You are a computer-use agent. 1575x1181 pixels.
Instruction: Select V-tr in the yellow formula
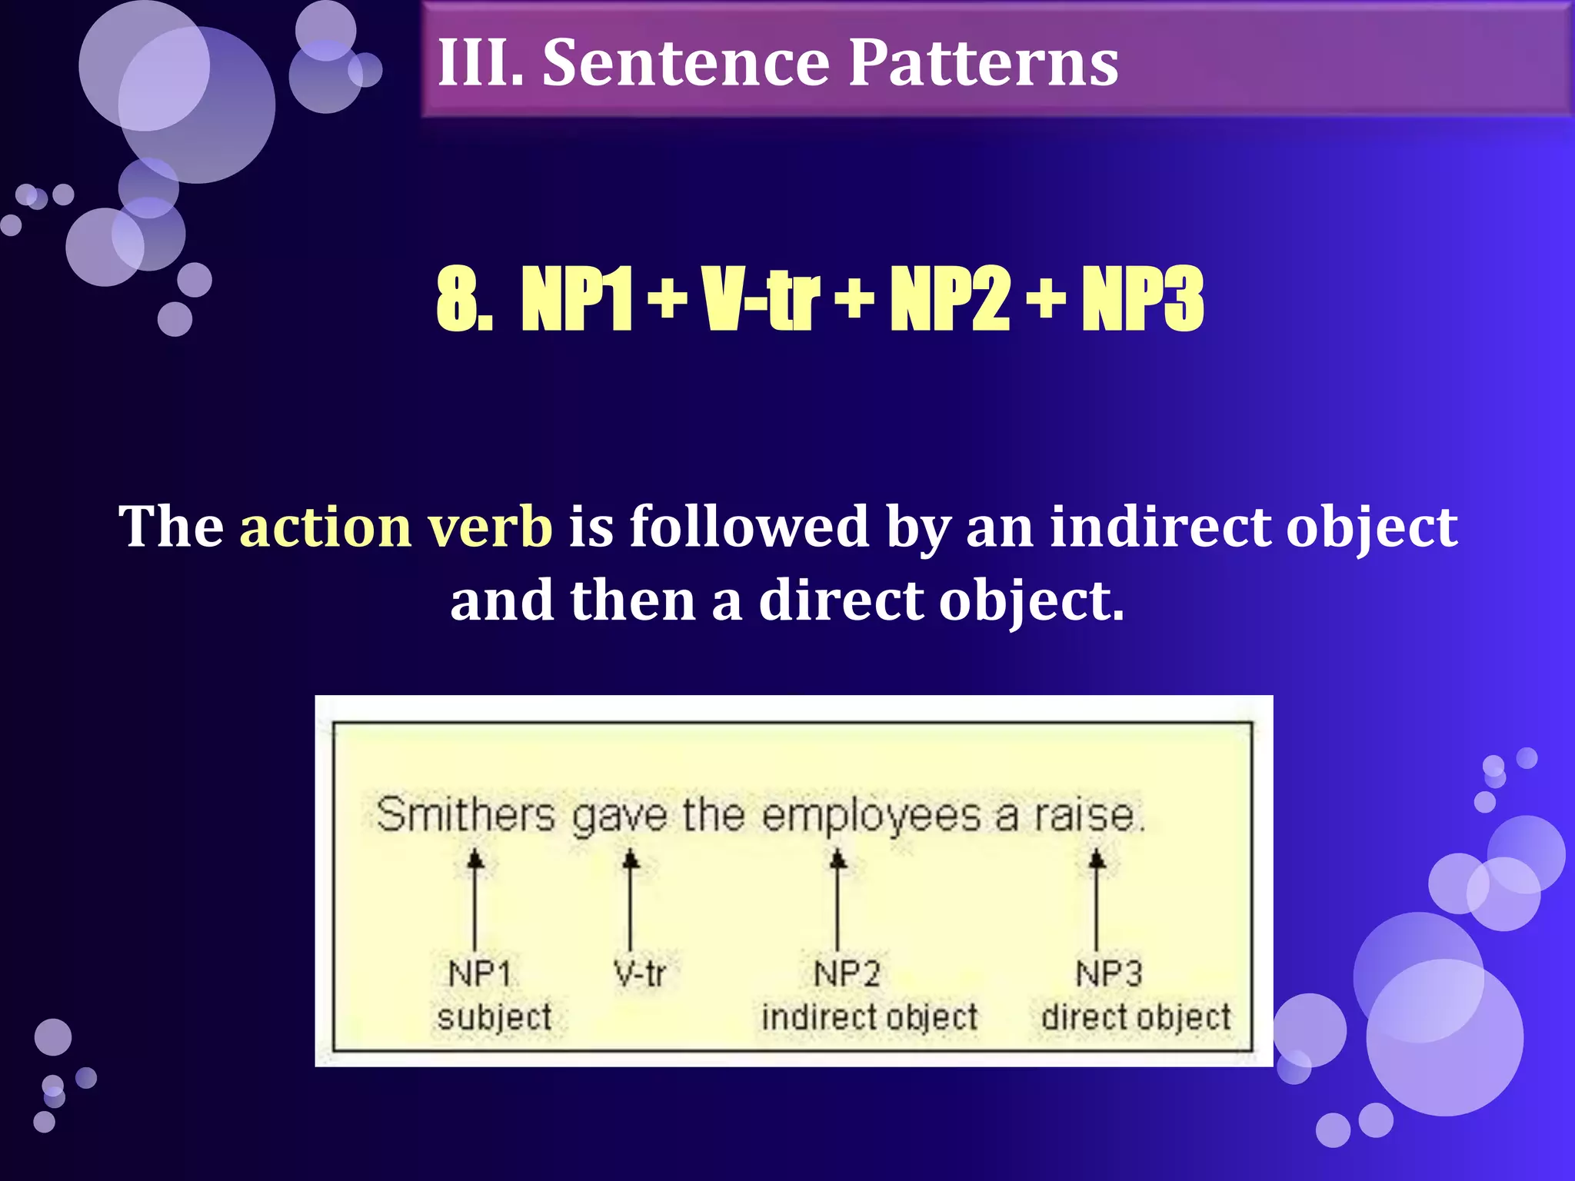761,300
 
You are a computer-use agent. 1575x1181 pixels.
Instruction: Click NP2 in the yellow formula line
949,300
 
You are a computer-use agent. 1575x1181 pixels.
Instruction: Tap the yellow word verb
489,527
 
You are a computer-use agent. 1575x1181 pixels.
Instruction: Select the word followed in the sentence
749,527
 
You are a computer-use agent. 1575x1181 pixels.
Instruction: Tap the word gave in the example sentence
619,817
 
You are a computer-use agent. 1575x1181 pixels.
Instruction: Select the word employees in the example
871,817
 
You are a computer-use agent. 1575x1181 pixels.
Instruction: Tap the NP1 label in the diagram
479,974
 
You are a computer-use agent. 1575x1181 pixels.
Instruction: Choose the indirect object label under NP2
870,1017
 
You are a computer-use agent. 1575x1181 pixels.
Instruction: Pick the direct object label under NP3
1136,1017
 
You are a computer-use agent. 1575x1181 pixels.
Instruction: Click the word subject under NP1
494,1017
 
